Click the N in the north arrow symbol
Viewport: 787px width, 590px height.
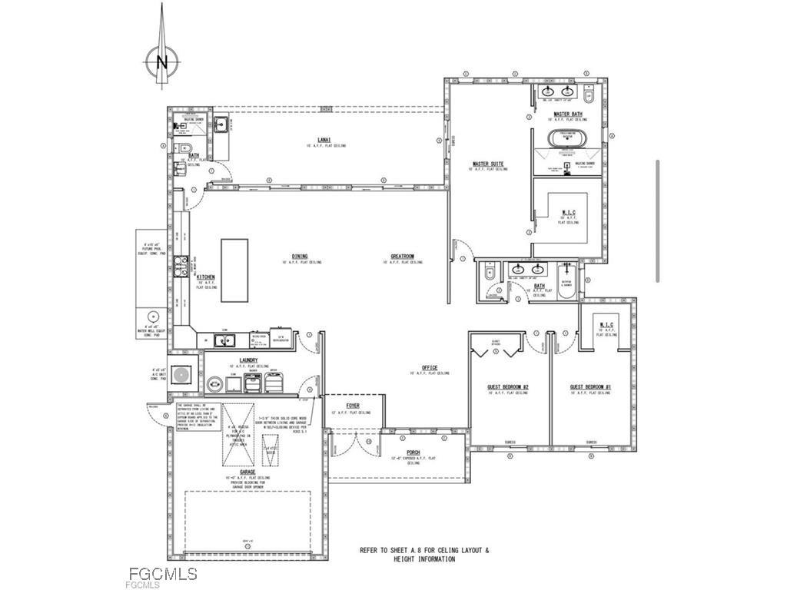[x=161, y=62]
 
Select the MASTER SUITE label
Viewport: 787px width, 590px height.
[x=487, y=164]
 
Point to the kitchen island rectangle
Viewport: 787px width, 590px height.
[x=234, y=270]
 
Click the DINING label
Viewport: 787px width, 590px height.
[x=300, y=257]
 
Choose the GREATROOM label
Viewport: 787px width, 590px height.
[x=403, y=257]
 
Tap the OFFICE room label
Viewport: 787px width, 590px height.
[x=429, y=367]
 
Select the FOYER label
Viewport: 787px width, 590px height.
[x=352, y=406]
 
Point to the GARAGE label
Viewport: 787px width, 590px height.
[x=247, y=472]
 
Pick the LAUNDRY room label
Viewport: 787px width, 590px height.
[x=247, y=360]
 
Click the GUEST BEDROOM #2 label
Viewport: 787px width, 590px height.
[x=507, y=386]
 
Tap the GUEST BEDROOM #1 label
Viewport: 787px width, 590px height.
[x=590, y=386]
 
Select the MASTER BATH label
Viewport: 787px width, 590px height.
[x=567, y=114]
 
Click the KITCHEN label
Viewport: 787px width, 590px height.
[x=205, y=277]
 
